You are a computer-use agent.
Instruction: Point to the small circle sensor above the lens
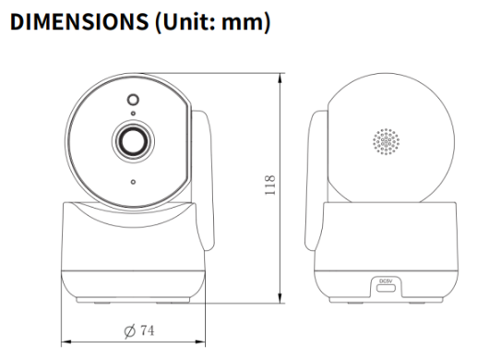point(133,100)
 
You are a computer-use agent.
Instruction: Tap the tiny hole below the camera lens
point(133,181)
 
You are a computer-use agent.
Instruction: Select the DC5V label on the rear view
point(386,281)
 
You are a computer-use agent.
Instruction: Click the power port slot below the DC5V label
point(386,289)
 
